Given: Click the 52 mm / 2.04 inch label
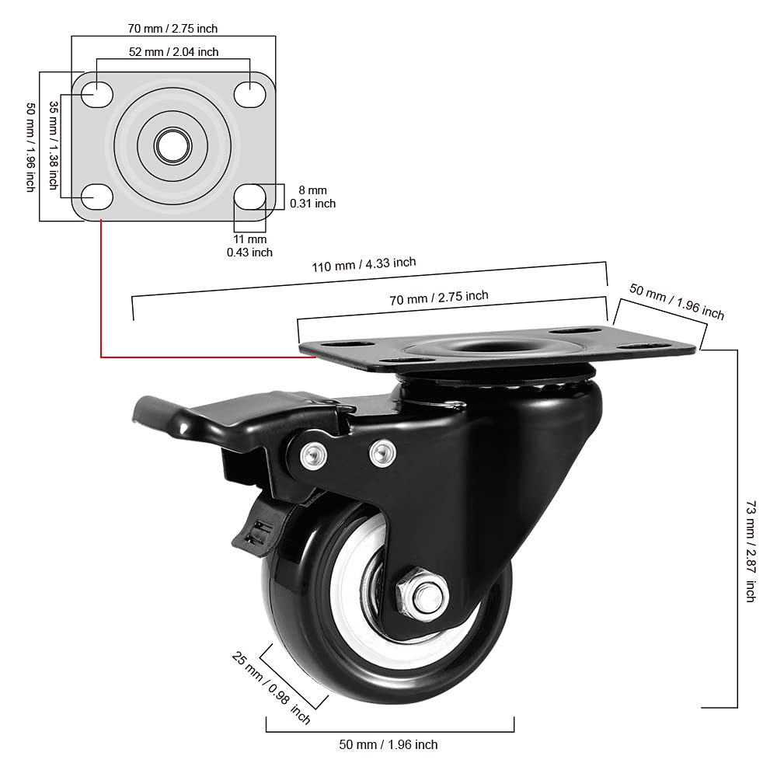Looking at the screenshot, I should pyautogui.click(x=173, y=52).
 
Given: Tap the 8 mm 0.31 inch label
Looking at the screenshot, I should pyautogui.click(x=312, y=197).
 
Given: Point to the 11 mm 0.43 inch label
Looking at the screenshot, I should pyautogui.click(x=249, y=246).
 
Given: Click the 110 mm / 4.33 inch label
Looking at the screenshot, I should pyautogui.click(x=364, y=265).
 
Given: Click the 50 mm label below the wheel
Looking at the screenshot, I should pyautogui.click(x=388, y=744).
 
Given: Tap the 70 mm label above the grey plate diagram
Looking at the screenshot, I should pyautogui.click(x=172, y=29).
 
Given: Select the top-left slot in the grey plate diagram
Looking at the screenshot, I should pyautogui.click(x=97, y=93).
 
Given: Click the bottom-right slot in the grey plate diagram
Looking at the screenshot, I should pyautogui.click(x=249, y=197).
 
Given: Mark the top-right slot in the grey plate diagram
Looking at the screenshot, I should pyautogui.click(x=249, y=93).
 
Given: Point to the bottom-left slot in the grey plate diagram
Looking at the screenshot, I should pyautogui.click(x=97, y=197).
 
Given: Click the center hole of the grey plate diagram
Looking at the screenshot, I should pyautogui.click(x=173, y=144).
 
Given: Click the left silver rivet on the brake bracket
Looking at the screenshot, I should pyautogui.click(x=312, y=455).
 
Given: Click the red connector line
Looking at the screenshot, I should pyautogui.click(x=102, y=311).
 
